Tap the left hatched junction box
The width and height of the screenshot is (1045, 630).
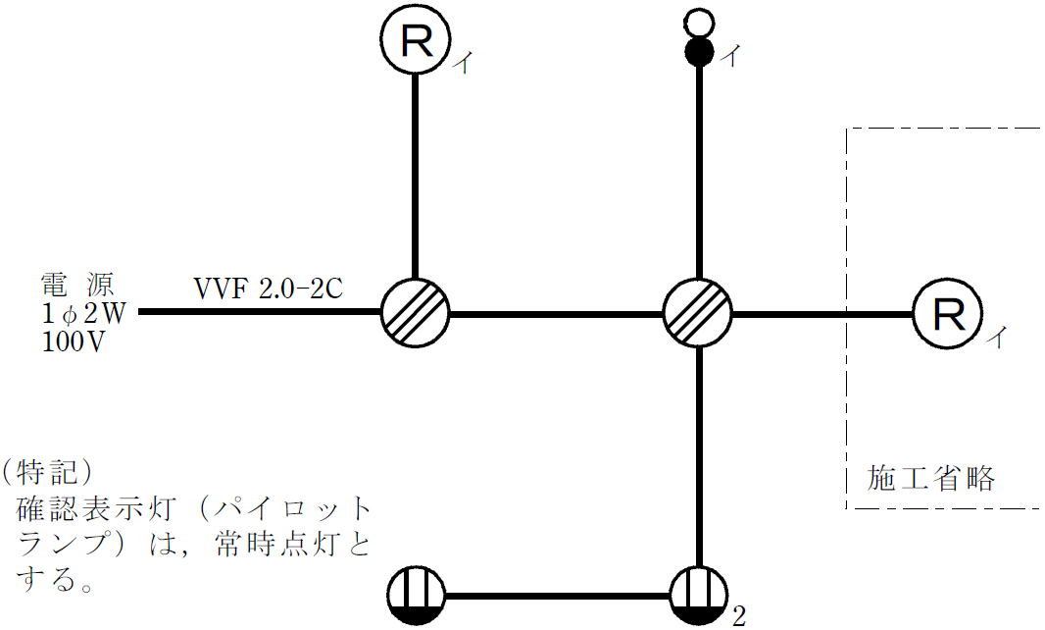(415, 313)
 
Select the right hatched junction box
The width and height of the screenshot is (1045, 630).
(698, 313)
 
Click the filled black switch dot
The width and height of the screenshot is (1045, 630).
(698, 51)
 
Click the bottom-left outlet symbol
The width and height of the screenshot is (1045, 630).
(415, 597)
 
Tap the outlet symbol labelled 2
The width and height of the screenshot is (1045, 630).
(698, 597)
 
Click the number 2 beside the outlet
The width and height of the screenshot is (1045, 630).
(738, 617)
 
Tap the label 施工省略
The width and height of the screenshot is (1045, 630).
(931, 479)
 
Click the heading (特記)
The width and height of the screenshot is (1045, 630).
(46, 472)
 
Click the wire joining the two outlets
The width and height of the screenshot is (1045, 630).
(556, 597)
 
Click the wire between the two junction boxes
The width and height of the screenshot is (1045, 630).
(556, 314)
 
